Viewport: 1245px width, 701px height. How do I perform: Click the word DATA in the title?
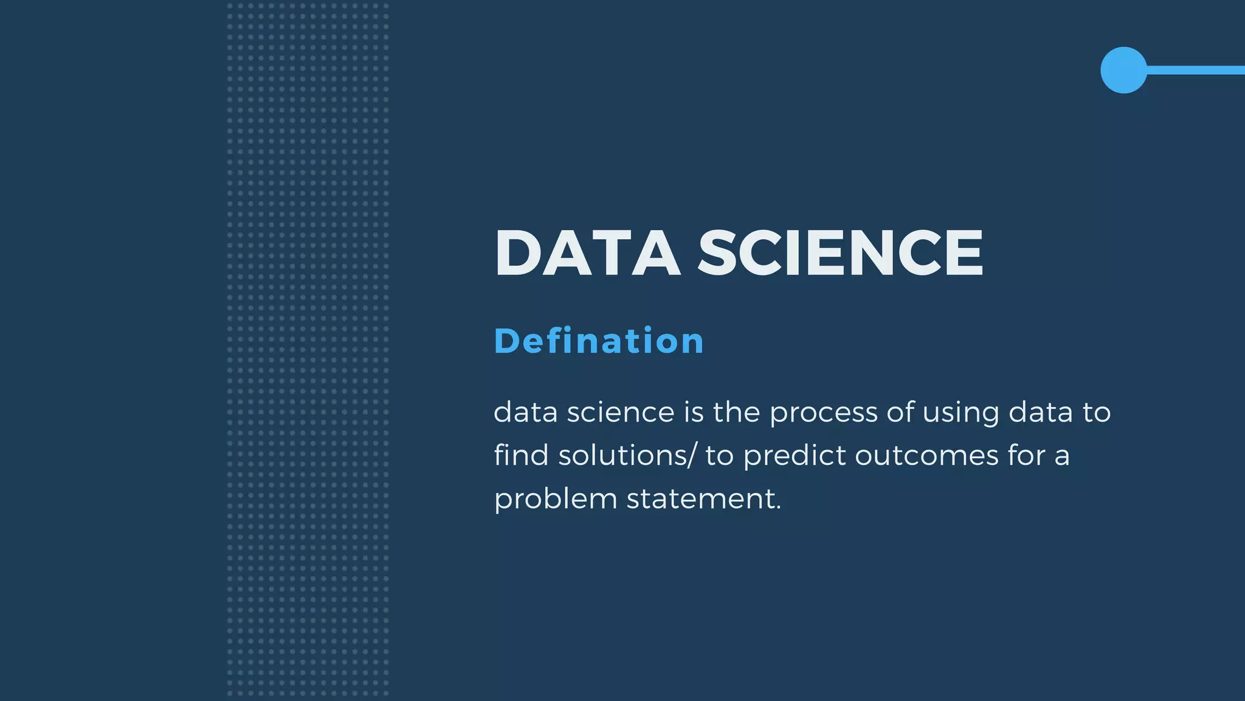587,253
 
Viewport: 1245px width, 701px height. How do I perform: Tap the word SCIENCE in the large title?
840,253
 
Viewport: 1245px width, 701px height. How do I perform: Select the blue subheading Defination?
599,341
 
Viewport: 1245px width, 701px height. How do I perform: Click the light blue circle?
1123,70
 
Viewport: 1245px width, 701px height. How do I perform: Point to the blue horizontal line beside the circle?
1195,70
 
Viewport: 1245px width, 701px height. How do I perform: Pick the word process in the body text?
823,413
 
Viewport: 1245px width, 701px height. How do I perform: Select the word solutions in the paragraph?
622,456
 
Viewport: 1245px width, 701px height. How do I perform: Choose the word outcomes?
926,456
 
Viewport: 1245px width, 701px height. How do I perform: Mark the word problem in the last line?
556,500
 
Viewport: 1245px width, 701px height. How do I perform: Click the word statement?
703,499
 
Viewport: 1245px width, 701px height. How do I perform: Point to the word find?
521,455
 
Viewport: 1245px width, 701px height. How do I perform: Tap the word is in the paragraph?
694,413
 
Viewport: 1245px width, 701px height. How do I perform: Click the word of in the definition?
900,413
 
